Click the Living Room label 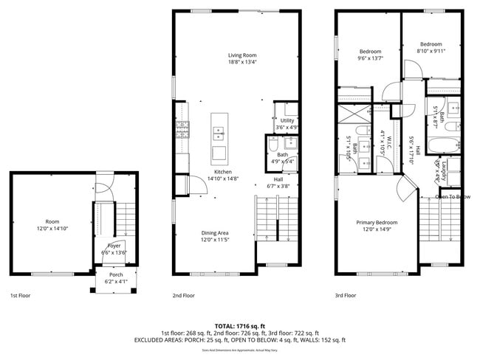243,55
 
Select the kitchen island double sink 219,133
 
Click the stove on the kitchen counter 182,131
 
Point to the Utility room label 287,120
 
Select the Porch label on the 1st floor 116,274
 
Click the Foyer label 114,246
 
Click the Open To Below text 453,197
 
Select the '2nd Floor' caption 184,295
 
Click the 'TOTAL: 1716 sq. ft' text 239,325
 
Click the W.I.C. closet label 383,141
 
